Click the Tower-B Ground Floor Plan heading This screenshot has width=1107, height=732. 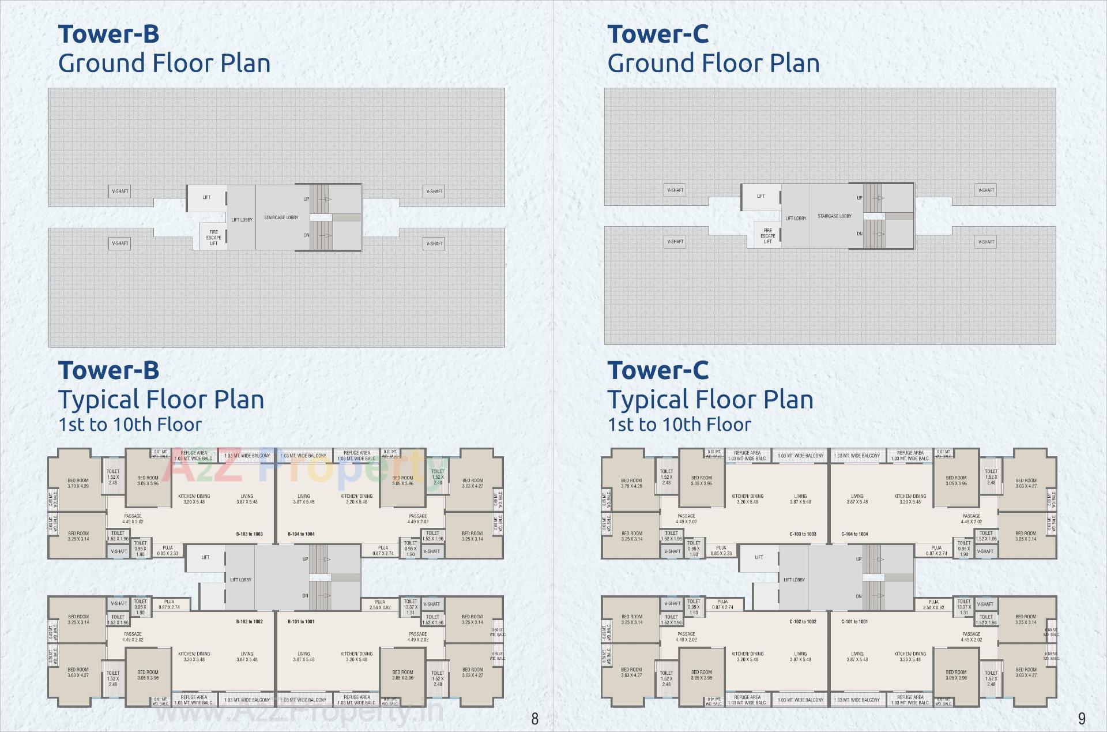(164, 49)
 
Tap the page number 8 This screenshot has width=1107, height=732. (534, 719)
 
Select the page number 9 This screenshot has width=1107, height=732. (1082, 719)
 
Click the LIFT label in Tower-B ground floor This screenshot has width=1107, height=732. (206, 197)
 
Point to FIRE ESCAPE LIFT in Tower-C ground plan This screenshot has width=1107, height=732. (767, 236)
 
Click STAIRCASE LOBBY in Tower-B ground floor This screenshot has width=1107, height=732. (281, 217)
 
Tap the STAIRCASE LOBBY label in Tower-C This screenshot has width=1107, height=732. (834, 216)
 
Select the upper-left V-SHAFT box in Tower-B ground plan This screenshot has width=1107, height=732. (120, 192)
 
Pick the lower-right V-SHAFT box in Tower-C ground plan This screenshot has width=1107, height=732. (986, 242)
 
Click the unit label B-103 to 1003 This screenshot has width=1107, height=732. (249, 534)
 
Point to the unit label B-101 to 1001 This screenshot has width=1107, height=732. (301, 622)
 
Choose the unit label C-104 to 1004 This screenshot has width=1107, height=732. (854, 534)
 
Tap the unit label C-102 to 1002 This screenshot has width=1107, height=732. (803, 622)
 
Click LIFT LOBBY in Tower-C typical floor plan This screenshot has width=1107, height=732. (794, 580)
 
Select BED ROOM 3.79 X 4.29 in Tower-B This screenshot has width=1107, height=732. (78, 483)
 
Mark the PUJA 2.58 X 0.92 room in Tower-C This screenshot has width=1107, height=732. (933, 605)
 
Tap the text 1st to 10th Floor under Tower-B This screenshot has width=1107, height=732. (130, 425)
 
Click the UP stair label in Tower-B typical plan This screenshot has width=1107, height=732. (306, 559)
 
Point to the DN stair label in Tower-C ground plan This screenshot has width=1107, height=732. (859, 234)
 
